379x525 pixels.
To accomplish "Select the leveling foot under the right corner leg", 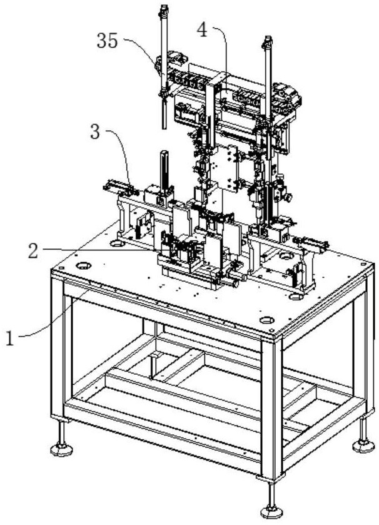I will [x=362, y=445].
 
